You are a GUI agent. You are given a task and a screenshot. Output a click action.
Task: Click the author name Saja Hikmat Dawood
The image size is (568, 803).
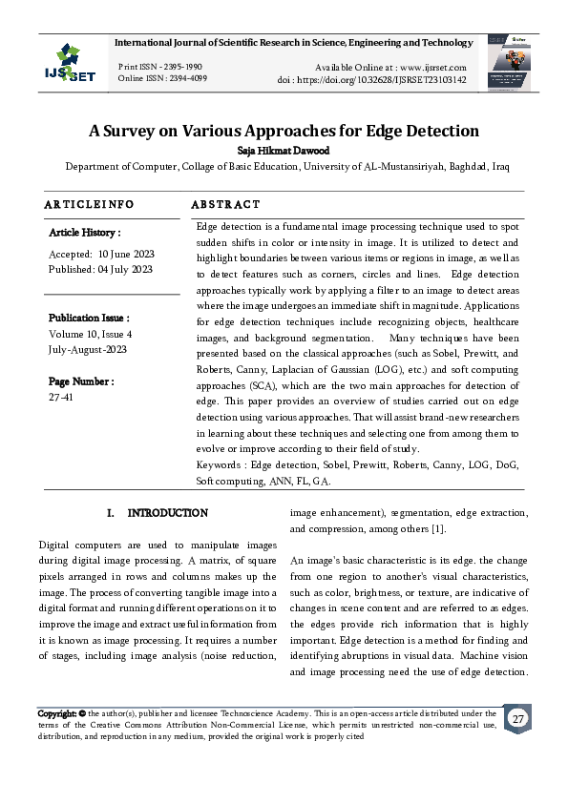coord(284,150)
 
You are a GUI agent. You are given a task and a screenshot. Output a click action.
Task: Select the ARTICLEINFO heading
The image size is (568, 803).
coord(89,204)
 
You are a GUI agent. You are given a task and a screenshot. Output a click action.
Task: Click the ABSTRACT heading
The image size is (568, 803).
coord(225,204)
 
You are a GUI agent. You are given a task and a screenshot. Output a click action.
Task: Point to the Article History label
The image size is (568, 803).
coord(85,233)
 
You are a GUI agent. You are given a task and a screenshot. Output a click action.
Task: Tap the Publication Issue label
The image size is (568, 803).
coord(89,318)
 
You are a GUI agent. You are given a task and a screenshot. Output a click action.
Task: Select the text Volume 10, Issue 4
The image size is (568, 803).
coord(91,334)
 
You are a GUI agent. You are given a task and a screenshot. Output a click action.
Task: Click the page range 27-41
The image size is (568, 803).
coord(60,397)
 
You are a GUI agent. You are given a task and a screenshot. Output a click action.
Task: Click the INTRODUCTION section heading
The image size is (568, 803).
coord(167,513)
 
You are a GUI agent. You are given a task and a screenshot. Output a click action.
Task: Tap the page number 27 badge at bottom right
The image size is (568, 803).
coord(517,718)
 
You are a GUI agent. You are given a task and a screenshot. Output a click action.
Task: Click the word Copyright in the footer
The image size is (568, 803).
coord(56,713)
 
